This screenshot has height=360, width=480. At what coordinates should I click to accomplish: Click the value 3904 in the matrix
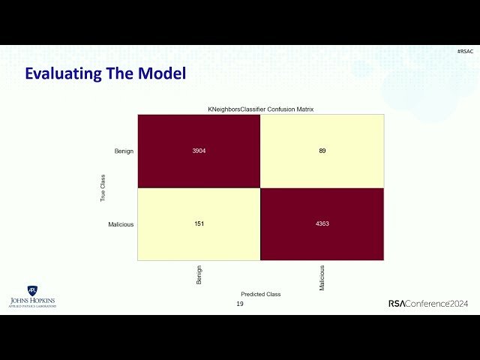pos(199,151)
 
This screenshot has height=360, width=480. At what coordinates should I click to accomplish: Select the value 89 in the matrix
pos(322,151)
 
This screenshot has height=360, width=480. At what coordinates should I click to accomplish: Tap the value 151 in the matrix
pos(199,223)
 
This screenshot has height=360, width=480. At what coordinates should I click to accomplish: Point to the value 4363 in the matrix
pos(322,223)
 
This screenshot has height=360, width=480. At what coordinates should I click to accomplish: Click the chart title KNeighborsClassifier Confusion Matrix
pos(260,109)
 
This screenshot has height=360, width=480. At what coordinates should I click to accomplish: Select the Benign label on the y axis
pos(124,151)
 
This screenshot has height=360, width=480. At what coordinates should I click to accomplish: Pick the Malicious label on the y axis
pos(121,224)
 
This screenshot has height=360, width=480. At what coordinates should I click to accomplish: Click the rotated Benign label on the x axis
pos(199,274)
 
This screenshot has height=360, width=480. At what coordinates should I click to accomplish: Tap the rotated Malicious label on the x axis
pos(322,277)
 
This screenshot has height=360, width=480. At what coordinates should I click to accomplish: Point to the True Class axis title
pos(103,187)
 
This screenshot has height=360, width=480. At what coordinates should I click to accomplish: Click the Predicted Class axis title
pos(260,294)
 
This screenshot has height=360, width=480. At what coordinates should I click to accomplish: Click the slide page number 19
pos(240,304)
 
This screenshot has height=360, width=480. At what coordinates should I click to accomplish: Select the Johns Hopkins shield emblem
pos(32,290)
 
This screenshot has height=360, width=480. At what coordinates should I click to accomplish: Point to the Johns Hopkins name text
pos(32,301)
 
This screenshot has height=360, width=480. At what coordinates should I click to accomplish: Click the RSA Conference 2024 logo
pos(428,303)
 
